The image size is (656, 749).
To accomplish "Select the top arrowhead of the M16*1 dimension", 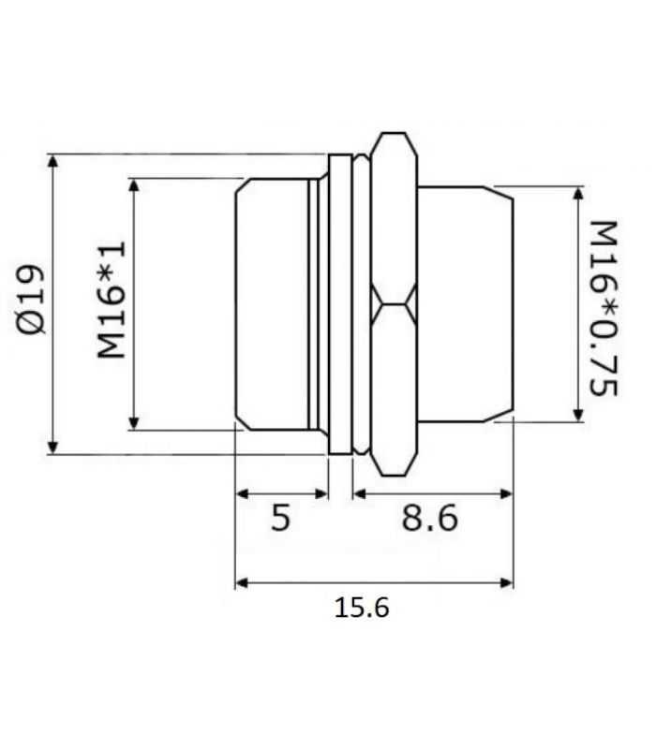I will (137, 184).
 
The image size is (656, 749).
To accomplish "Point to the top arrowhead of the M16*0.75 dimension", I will (579, 194).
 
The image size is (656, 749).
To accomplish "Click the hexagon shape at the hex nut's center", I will (393, 303).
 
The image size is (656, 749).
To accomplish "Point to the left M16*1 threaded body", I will (272, 304).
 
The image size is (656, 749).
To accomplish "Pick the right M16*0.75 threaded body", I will (464, 304).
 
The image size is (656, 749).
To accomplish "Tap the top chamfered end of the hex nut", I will (393, 140).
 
